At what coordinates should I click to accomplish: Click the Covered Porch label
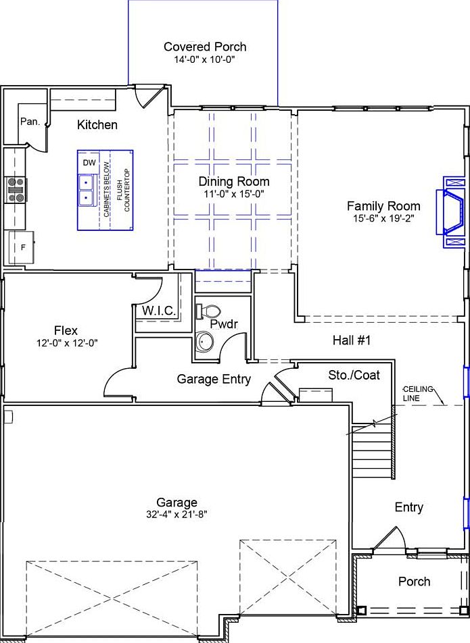(205, 47)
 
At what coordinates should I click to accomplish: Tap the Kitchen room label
(97, 125)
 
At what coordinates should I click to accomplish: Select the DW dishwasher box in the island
(89, 163)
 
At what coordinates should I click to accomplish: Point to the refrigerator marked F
(21, 247)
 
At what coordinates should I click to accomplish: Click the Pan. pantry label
(29, 122)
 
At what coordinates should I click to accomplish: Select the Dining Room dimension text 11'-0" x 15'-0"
(234, 194)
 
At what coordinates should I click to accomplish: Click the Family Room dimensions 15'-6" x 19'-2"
(383, 219)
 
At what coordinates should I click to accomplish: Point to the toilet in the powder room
(208, 311)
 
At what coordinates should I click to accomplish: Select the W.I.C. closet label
(159, 311)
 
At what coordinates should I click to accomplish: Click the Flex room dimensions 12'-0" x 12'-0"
(67, 343)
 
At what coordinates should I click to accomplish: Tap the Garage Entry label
(214, 379)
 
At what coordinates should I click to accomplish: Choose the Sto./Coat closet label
(354, 375)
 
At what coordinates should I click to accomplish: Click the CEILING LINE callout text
(420, 394)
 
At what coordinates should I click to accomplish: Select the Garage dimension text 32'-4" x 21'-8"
(177, 514)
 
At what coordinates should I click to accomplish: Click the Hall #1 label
(352, 341)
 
